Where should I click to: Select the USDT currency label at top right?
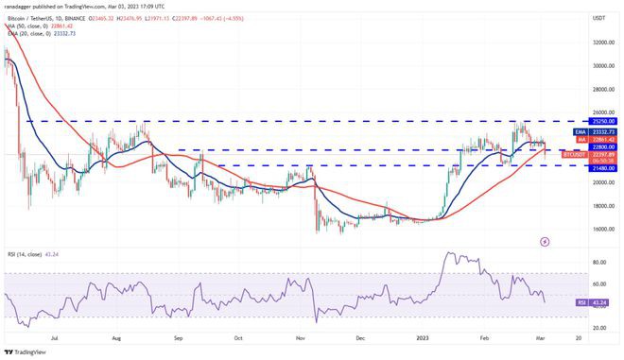[598, 18]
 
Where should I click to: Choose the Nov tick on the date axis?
[300, 337]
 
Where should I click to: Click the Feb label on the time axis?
[484, 337]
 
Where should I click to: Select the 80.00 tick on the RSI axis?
[598, 262]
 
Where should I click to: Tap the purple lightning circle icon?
[544, 241]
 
